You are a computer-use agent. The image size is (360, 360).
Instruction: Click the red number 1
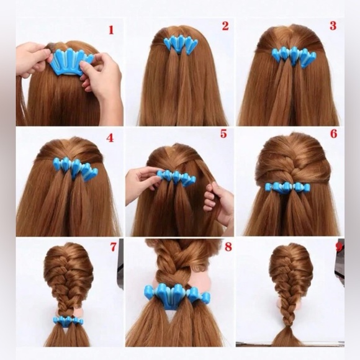coord(111,29)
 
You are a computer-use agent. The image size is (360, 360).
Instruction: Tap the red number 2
coord(225,26)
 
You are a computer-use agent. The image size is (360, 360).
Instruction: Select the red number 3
coord(333,26)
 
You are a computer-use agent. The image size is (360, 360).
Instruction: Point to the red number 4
coord(110,138)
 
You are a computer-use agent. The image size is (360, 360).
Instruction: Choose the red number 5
coord(223,134)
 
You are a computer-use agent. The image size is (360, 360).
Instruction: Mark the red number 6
coord(333,134)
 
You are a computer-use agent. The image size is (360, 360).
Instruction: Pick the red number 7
coord(113,247)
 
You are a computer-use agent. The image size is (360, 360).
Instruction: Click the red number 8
coord(228,247)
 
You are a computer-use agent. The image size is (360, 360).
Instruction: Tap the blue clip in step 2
coord(181,44)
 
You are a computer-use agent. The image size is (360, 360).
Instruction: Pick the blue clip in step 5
coord(176,178)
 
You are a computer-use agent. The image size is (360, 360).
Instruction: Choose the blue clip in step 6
coord(287,187)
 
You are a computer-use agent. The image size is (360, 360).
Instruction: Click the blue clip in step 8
coord(177,295)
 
